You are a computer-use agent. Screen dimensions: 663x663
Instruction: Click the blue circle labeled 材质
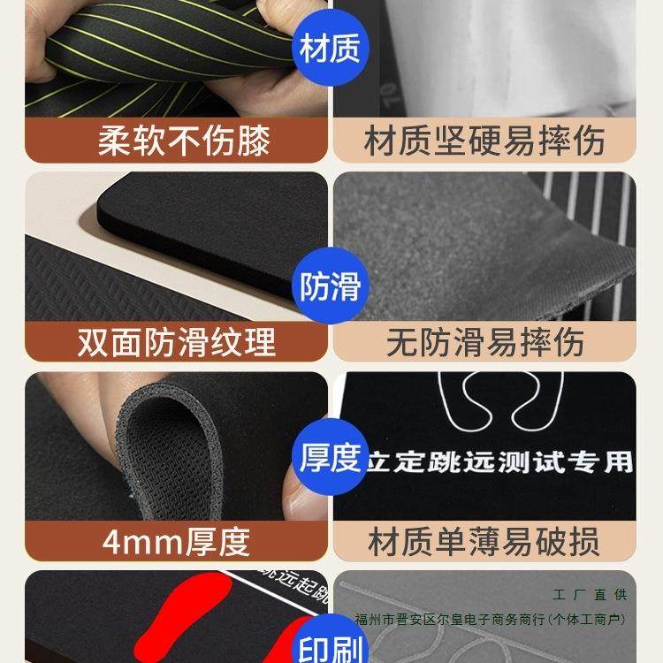pyautogui.click(x=330, y=50)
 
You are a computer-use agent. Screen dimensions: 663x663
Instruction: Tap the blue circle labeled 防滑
pyautogui.click(x=330, y=287)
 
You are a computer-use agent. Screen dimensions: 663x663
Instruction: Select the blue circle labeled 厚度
pyautogui.click(x=330, y=459)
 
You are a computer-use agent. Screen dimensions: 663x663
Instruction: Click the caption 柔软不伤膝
pyautogui.click(x=183, y=141)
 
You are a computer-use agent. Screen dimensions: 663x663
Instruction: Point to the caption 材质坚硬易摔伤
pyautogui.click(x=484, y=141)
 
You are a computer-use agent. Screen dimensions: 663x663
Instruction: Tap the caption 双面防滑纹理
pyautogui.click(x=177, y=342)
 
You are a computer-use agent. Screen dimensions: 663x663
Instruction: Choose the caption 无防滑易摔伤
pyautogui.click(x=485, y=342)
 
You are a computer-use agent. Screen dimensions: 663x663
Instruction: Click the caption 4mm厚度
pyautogui.click(x=177, y=541)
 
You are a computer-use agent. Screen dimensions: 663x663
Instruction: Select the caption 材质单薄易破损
pyautogui.click(x=484, y=541)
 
